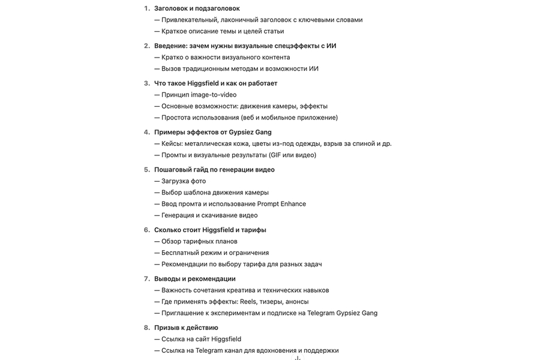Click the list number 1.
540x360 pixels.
point(146,8)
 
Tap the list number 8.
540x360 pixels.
point(146,328)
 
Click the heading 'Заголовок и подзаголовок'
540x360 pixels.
point(197,8)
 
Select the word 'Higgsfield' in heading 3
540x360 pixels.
point(203,83)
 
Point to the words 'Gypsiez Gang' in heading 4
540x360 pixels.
point(250,132)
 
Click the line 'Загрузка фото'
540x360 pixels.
point(183,181)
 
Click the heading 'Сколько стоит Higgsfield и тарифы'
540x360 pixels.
point(210,230)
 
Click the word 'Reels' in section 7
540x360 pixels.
point(248,302)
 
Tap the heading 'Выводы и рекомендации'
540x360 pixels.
point(194,278)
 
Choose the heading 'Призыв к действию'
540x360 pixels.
point(186,328)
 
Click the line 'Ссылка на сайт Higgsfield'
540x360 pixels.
point(201,339)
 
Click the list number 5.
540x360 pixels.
point(146,170)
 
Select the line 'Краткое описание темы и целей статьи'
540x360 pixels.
point(223,31)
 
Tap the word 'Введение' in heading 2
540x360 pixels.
point(170,46)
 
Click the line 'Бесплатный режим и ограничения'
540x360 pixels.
point(215,253)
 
